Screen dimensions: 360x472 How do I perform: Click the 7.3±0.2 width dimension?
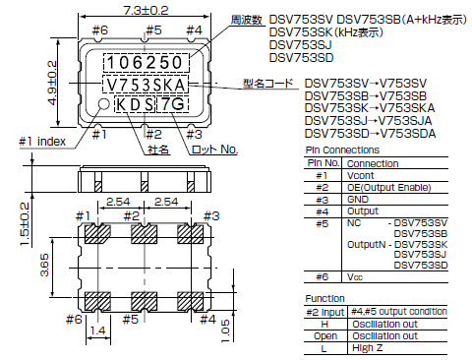pyautogui.click(x=148, y=8)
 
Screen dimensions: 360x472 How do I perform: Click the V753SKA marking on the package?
pyautogui.click(x=151, y=86)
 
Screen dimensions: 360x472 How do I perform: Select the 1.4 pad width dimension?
pyautogui.click(x=97, y=334)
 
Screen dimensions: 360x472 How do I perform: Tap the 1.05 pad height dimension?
pyautogui.click(x=225, y=330)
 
